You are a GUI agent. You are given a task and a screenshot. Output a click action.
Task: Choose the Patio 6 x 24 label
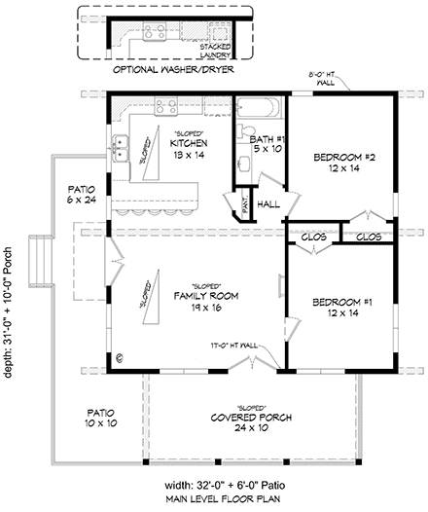click(81, 195)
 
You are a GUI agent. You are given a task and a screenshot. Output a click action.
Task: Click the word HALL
click(269, 203)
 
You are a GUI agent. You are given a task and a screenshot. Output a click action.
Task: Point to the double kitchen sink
click(122, 149)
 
